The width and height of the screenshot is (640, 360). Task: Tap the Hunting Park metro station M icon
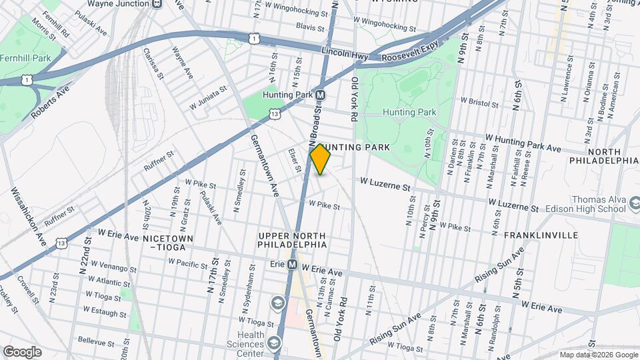pos(320,95)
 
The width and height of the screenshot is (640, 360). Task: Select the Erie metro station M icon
pos(292,265)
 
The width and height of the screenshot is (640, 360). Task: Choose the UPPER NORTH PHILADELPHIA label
pos(293,241)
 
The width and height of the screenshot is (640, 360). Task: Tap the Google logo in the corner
pos(23,351)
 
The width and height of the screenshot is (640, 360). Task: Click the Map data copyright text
pos(597,355)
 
